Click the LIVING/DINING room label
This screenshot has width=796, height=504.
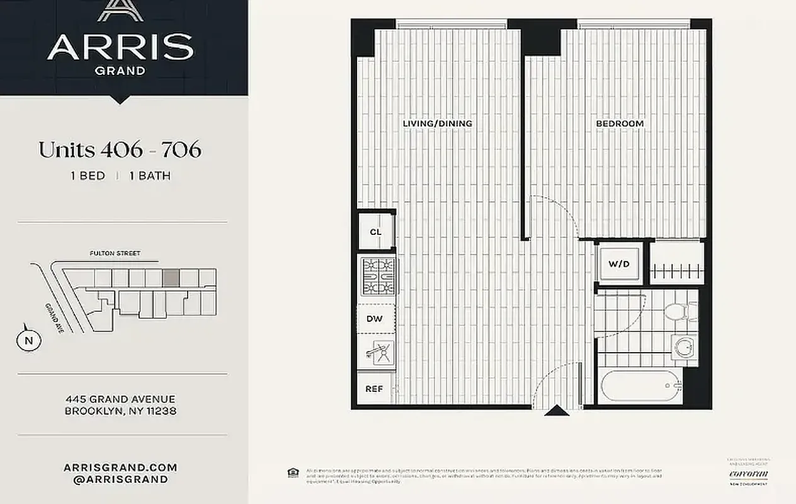coord(437,123)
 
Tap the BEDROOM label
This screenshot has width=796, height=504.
coord(620,123)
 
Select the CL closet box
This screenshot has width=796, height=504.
coord(376,232)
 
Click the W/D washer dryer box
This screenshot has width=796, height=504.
coord(618,264)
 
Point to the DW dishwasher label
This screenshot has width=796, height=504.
coord(374,319)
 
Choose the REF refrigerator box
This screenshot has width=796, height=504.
coord(374,389)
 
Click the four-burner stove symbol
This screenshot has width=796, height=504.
coord(378,277)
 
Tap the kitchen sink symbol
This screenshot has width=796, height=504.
coord(378,354)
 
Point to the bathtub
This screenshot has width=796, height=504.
coord(639,385)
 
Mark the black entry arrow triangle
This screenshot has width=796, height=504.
coord(557,411)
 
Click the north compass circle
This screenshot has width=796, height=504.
coord(28,340)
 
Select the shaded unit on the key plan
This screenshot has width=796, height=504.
coord(171,277)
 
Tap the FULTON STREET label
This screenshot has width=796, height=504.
coord(115,254)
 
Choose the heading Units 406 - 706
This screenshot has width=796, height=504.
coord(120,150)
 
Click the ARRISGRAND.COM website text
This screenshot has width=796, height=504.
coord(120,467)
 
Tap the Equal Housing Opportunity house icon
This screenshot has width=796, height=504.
coord(292,472)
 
